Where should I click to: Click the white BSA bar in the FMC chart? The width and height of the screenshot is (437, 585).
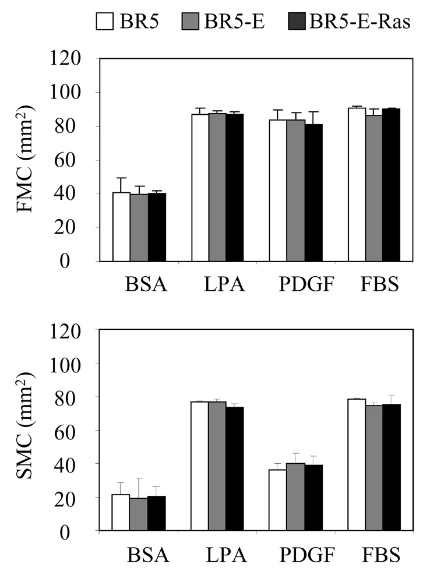coord(121,227)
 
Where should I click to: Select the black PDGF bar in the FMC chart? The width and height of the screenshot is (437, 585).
coord(313,193)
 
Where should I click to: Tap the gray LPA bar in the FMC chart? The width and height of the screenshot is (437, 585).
coord(218,187)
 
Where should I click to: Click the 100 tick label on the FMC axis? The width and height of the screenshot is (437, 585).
coord(73,93)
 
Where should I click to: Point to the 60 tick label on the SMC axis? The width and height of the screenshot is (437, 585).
coord(78,431)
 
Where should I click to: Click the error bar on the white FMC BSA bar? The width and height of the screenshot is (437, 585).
coord(121,185)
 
